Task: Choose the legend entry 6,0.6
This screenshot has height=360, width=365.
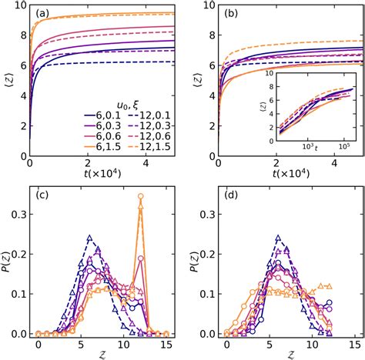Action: pyautogui.click(x=98, y=141)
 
